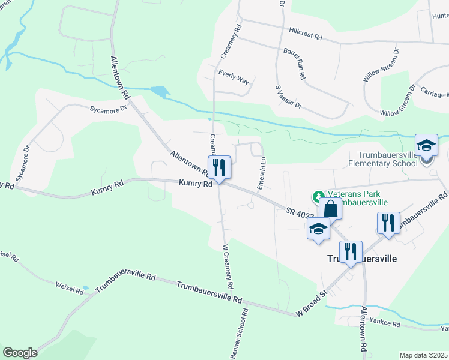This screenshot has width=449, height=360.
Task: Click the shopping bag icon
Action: [330, 210]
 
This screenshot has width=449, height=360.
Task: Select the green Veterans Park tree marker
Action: [316, 196]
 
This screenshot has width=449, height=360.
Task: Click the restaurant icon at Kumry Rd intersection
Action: [218, 166]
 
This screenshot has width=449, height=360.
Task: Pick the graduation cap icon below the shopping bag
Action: [318, 229]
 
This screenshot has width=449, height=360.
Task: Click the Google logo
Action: [20, 353]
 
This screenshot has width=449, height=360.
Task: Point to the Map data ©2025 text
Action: [423, 355]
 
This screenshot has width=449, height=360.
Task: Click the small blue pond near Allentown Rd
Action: [160, 92]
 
